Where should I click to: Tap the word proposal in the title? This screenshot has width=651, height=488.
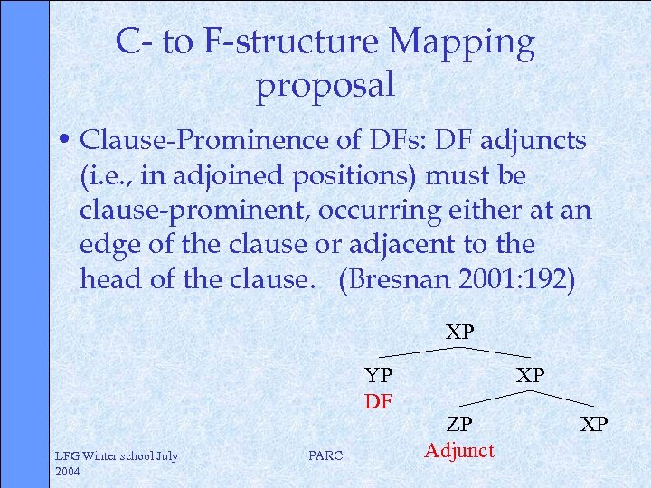[x=325, y=85]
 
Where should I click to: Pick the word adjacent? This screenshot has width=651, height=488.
[x=403, y=245]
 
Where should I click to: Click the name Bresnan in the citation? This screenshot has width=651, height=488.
[x=392, y=280]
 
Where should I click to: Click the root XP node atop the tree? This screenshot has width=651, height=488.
[x=459, y=332]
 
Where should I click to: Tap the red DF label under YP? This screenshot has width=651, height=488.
[x=379, y=400]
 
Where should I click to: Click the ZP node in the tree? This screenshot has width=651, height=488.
[x=458, y=424]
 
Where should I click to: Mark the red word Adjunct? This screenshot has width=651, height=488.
[x=459, y=450]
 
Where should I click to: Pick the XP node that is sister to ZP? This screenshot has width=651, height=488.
[x=594, y=424]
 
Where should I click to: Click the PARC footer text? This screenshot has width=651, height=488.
[x=325, y=456]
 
